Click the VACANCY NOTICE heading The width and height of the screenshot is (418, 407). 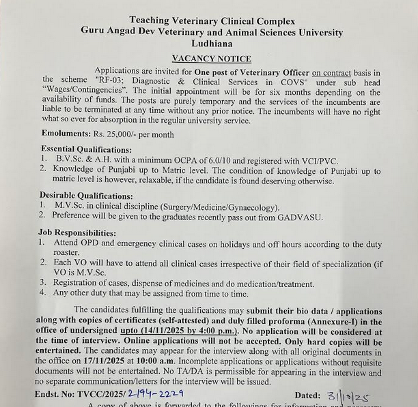click(211, 59)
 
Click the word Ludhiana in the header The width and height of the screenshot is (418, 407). click(212, 43)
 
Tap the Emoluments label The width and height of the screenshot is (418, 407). click(65, 134)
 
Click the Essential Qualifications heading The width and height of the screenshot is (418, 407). click(86, 149)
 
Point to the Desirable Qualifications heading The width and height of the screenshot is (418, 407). click(86, 195)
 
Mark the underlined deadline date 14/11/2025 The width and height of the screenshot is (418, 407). click(168, 331)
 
